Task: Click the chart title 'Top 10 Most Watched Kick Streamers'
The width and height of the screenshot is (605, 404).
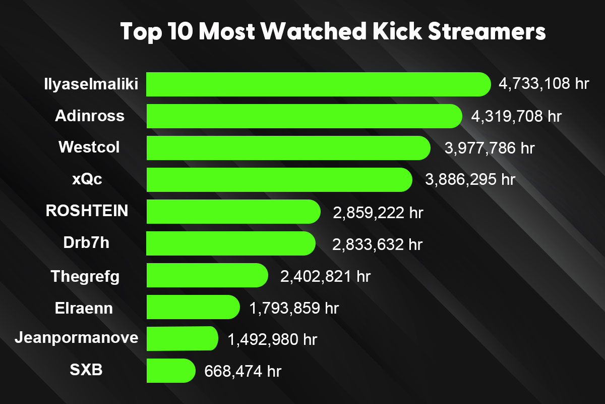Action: (x=333, y=32)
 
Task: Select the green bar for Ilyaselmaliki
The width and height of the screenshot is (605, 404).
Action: (x=318, y=84)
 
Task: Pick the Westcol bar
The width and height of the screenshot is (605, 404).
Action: (x=288, y=148)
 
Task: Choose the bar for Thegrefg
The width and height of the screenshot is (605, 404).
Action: (x=207, y=275)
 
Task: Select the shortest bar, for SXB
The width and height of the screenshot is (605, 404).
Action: (x=170, y=371)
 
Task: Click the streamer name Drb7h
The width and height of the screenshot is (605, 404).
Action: (x=87, y=243)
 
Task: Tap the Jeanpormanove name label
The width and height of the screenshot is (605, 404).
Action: (x=76, y=337)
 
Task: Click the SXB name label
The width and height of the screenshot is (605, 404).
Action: (x=86, y=370)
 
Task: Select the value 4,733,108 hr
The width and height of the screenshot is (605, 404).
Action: (x=543, y=84)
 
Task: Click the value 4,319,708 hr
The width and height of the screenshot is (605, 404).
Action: (x=516, y=117)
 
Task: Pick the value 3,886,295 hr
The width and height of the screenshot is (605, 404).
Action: (x=470, y=180)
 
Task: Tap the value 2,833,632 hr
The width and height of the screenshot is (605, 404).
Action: (x=377, y=244)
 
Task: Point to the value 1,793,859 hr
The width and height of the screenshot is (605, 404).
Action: (x=294, y=308)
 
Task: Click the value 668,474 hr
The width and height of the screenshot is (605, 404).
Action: (x=243, y=372)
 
